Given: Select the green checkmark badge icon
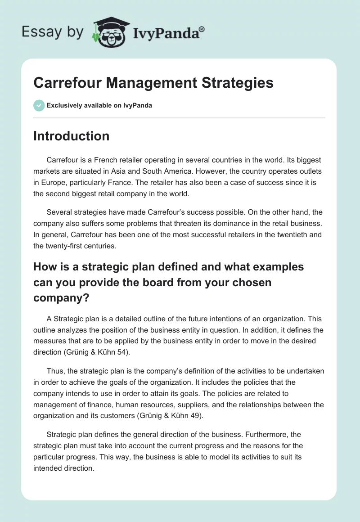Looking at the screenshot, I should (39, 105).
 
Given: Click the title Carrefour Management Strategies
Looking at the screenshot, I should (153, 83).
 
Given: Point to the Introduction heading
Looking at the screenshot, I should (72, 136).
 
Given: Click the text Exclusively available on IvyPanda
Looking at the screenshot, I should (99, 105).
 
